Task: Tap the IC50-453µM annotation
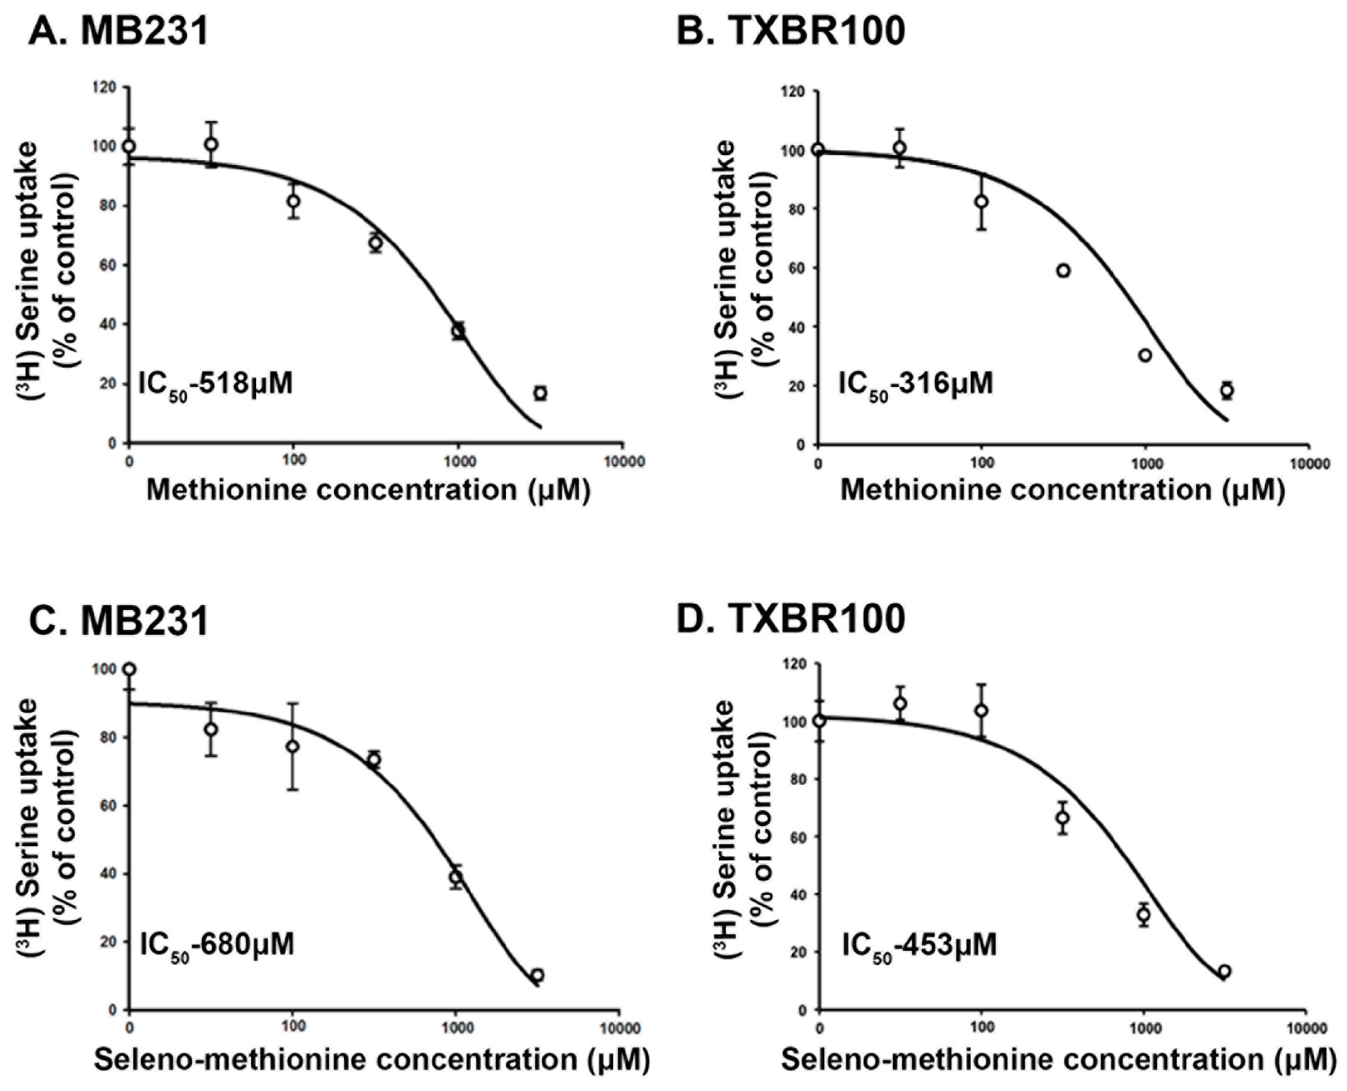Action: tap(918, 945)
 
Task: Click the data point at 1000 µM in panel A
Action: tap(459, 331)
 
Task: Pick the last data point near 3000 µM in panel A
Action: tap(540, 393)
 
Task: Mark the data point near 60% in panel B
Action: tap(1063, 271)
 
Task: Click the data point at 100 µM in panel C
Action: tap(292, 746)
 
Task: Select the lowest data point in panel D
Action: tap(1224, 971)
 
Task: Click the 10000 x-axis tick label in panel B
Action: tap(1308, 464)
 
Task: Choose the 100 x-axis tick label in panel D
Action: tap(981, 1027)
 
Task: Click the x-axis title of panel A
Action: tap(368, 490)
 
